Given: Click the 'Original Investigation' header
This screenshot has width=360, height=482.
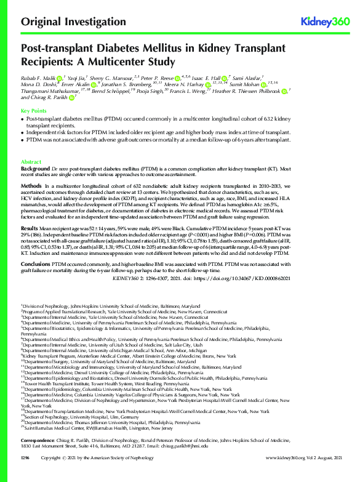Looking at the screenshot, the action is point(68,22).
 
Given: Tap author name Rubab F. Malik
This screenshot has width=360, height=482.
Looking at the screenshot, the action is point(39,79).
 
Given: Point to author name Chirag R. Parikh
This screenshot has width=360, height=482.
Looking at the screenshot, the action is point(49,98).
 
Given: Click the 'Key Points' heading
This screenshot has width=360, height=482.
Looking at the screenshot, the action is point(34,110).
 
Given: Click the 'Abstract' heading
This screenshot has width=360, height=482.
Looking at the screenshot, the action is point(32,161).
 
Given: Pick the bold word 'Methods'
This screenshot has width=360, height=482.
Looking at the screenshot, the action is point(32,185).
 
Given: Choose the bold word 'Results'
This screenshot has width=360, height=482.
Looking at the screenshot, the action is point(31,227).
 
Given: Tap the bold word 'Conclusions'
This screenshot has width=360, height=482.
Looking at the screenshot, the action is point(36,263).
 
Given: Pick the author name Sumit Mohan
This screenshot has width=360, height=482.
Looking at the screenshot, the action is point(246,85).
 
